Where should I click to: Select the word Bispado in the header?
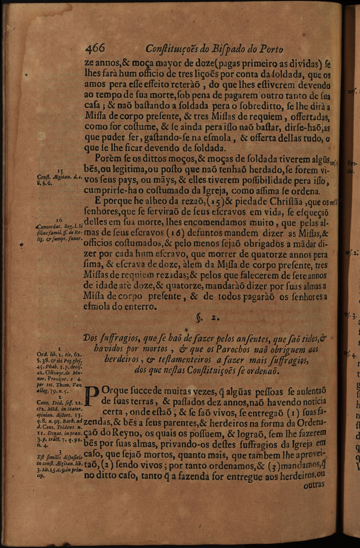[224, 50]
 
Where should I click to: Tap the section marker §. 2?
[207, 319]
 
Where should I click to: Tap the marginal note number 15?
[60, 170]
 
